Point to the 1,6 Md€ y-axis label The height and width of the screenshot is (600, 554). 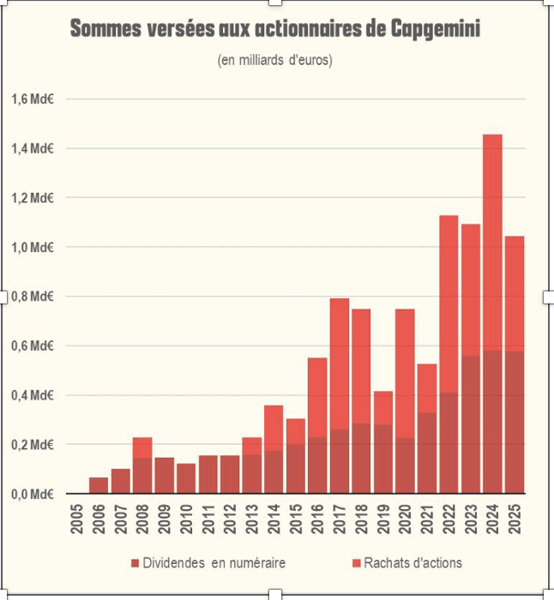[33, 99]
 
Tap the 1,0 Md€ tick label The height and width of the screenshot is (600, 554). [33, 248]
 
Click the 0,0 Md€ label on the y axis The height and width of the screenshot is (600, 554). [33, 494]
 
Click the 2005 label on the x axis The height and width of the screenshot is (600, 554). [78, 519]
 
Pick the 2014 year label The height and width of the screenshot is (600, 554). [274, 519]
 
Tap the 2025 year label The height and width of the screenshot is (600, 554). [515, 519]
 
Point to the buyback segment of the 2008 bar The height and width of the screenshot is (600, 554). [142, 447]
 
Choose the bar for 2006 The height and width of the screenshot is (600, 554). [99, 485]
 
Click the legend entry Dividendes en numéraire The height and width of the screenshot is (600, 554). [208, 563]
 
